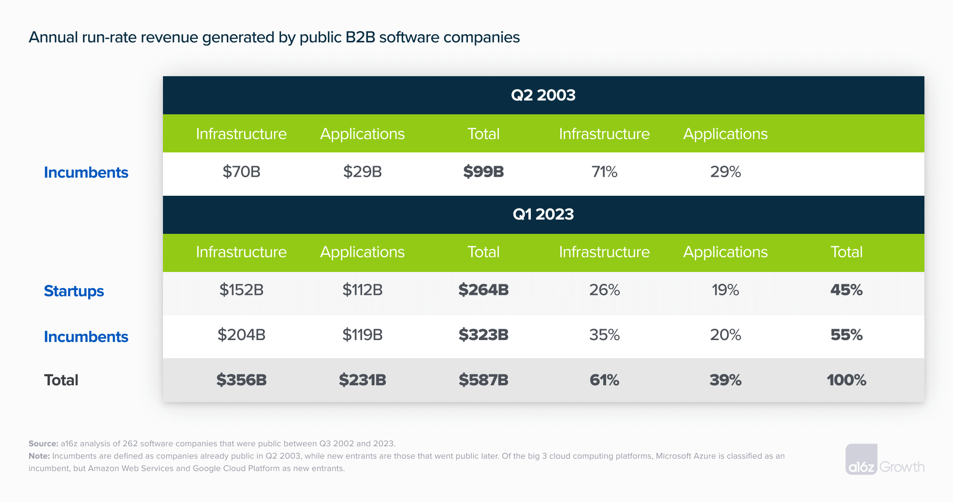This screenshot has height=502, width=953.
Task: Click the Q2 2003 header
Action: click(x=543, y=95)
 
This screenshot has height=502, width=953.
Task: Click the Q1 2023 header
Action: click(x=543, y=214)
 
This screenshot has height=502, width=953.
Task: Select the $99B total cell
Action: click(x=483, y=171)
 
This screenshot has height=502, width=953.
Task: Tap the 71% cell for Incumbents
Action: click(x=604, y=171)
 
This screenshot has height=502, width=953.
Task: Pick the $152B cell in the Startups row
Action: click(x=241, y=290)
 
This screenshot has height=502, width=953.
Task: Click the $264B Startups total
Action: click(x=483, y=290)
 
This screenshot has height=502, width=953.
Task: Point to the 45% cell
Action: click(x=846, y=290)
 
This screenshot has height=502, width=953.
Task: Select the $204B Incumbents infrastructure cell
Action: click(x=241, y=335)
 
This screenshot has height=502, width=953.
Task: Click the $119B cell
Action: click(x=362, y=335)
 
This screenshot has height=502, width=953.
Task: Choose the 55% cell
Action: click(x=846, y=335)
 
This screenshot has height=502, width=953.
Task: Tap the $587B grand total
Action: click(x=483, y=380)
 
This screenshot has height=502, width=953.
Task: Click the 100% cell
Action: click(x=846, y=380)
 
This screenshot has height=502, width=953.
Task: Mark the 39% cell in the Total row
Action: click(x=725, y=380)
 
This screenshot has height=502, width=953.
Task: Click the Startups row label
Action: click(x=74, y=291)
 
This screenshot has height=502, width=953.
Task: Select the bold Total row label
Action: click(x=61, y=380)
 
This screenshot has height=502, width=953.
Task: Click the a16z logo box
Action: click(x=861, y=460)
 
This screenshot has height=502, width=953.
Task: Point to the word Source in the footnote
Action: click(x=43, y=443)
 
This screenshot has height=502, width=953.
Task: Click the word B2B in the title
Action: click(x=360, y=37)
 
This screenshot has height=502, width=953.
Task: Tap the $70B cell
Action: click(x=241, y=171)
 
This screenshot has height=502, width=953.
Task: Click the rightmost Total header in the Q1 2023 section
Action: click(x=846, y=252)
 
